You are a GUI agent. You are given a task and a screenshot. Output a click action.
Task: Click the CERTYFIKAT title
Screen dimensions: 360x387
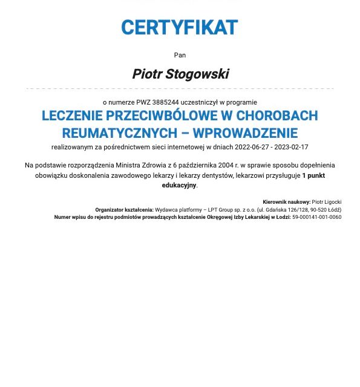click(180, 28)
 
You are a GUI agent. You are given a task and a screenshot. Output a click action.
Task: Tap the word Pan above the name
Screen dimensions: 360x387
click(180, 55)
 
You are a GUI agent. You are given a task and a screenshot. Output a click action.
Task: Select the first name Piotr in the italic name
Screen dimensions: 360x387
click(146, 74)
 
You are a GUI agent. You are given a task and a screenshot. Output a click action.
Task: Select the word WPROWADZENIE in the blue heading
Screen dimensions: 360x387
click(245, 133)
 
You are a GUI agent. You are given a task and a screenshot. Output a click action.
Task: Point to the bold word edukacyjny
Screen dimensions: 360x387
click(179, 186)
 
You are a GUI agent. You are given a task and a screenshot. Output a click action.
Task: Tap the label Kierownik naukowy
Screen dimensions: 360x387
click(286, 202)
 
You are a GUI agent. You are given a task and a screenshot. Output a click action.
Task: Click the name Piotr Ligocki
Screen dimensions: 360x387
click(327, 202)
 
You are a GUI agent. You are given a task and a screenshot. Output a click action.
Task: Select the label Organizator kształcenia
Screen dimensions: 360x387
click(124, 210)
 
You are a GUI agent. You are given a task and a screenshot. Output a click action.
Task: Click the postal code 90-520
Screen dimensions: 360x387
click(319, 210)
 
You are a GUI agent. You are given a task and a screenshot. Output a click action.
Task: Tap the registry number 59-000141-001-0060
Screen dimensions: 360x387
click(316, 217)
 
